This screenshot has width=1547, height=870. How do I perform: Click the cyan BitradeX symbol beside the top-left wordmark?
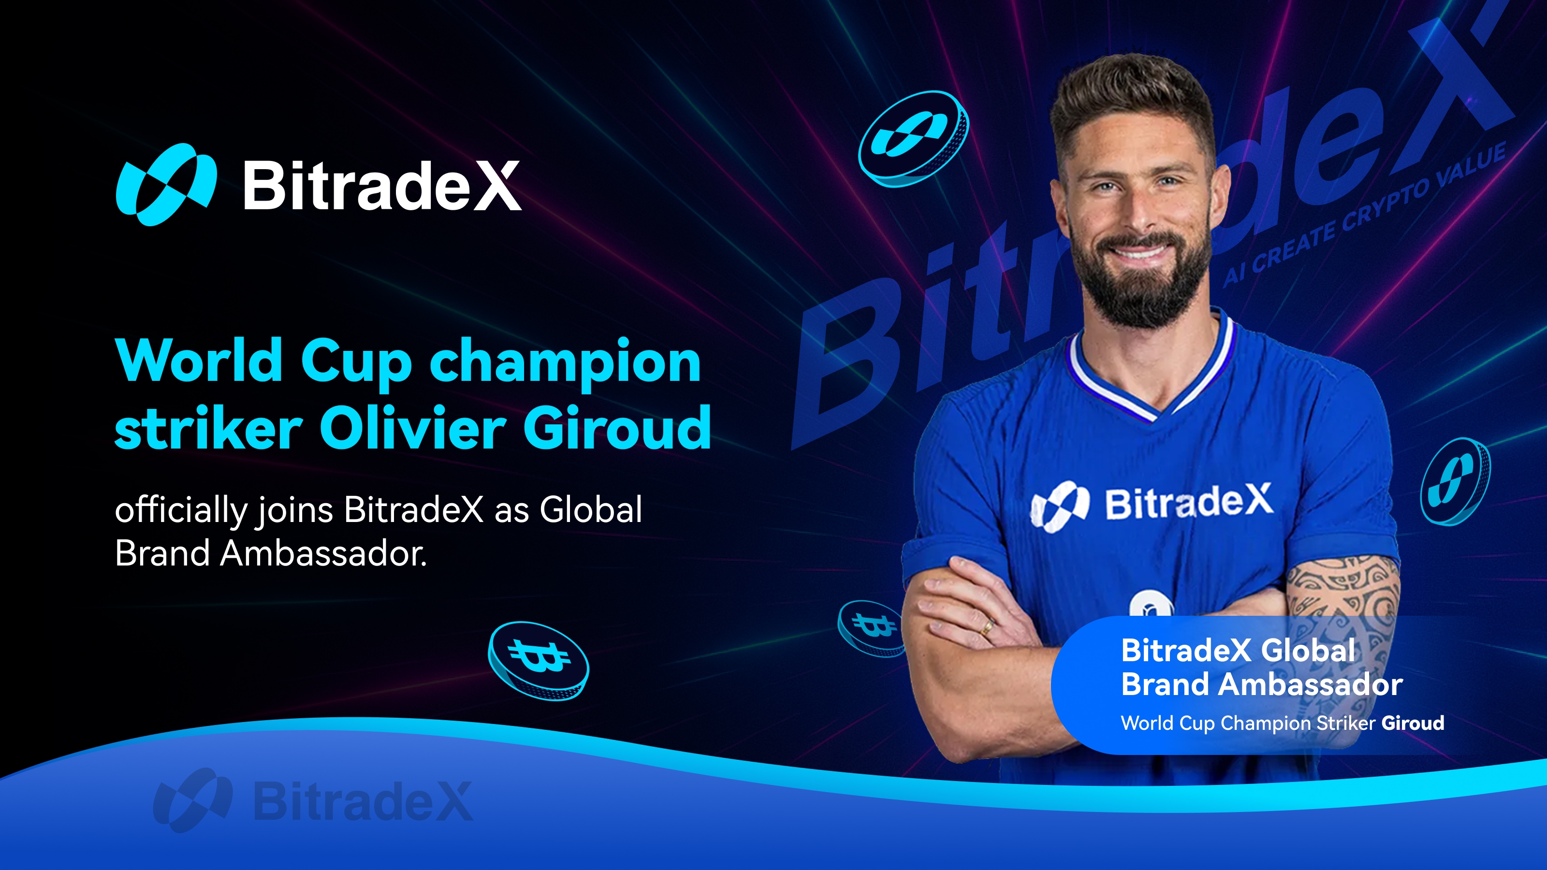(166, 184)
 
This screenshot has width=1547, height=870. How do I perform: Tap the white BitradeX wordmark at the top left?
(382, 186)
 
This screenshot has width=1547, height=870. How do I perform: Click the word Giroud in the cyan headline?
(617, 427)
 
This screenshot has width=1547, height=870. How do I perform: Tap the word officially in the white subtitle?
(181, 510)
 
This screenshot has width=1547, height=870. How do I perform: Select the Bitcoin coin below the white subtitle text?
(538, 660)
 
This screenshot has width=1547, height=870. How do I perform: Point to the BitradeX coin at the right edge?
(1455, 481)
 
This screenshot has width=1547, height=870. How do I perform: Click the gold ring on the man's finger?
(986, 628)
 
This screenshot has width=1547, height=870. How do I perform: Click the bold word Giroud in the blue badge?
(1413, 723)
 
